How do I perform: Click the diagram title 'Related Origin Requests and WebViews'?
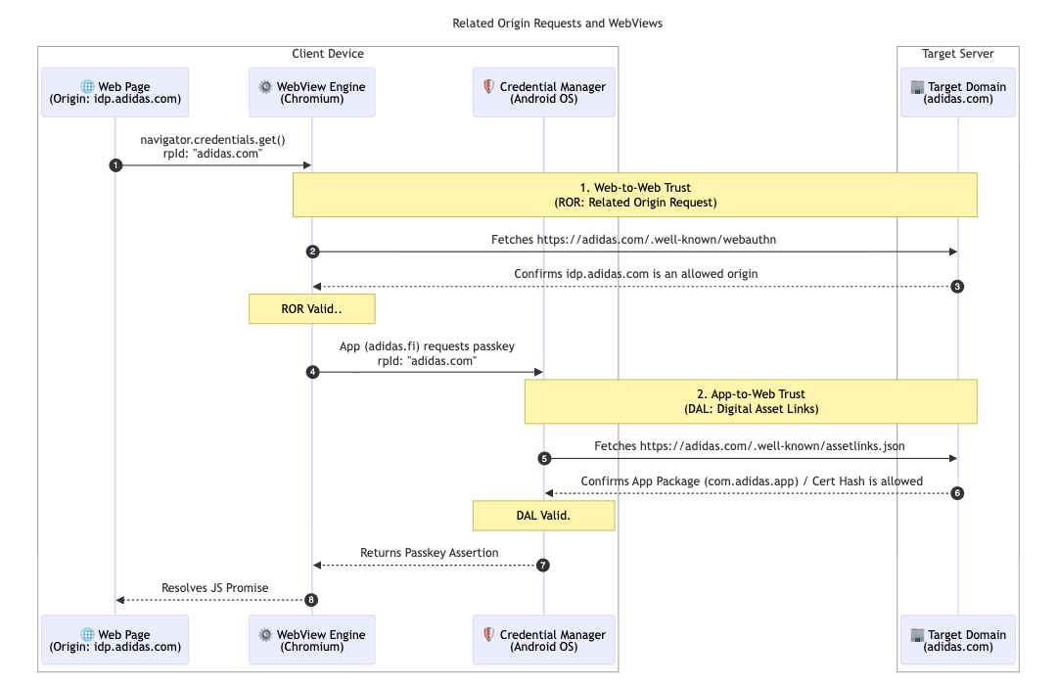pos(557,23)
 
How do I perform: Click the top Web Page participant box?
pos(115,92)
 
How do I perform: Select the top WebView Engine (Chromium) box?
pos(311,92)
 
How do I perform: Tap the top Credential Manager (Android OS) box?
pos(543,92)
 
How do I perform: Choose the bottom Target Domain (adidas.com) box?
pos(958,640)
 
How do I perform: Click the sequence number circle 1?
pos(115,165)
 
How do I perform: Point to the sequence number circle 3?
pos(958,287)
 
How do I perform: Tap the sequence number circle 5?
pos(544,458)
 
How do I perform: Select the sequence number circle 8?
pos(312,600)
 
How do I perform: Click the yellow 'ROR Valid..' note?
pos(311,308)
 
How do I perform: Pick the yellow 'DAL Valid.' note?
pos(543,516)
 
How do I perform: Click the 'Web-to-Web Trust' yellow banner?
pos(635,195)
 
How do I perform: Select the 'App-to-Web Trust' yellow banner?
pos(751,401)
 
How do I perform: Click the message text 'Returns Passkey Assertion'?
pos(429,553)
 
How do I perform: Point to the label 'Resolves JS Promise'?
pos(214,588)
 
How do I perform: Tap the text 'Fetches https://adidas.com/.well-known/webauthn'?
pos(634,240)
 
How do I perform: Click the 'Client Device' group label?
pos(328,54)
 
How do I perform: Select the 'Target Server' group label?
pos(957,54)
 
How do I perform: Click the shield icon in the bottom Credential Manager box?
pos(488,633)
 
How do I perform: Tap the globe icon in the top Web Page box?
pos(87,86)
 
